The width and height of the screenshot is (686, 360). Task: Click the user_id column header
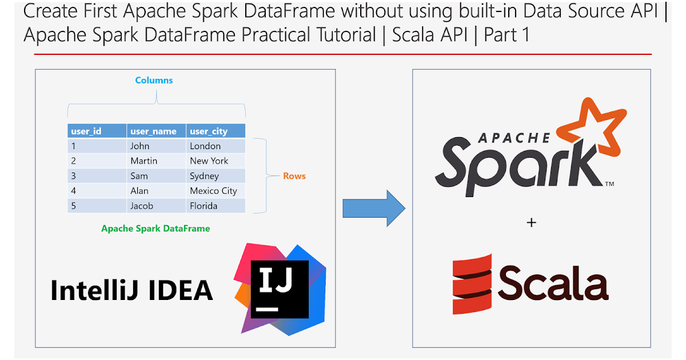86,131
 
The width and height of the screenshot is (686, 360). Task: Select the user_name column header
153,131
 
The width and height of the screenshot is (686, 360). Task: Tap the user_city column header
209,131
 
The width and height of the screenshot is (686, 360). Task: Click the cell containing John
140,146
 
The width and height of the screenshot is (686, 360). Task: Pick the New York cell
209,161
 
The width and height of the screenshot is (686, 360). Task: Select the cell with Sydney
204,176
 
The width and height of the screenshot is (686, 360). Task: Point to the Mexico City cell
213,191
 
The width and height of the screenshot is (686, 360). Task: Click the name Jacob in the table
142,206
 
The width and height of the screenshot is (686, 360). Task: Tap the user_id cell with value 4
74,191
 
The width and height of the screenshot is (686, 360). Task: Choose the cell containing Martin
143,161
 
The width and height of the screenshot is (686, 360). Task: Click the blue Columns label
154,80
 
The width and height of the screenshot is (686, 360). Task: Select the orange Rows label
294,176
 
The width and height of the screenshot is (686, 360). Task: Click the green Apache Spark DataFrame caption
155,229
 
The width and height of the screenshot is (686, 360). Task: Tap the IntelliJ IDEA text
131,290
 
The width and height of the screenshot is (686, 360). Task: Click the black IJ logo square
280,289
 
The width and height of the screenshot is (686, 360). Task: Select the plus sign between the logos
531,222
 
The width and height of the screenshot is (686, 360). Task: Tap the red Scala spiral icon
472,285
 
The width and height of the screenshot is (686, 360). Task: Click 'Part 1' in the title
506,35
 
